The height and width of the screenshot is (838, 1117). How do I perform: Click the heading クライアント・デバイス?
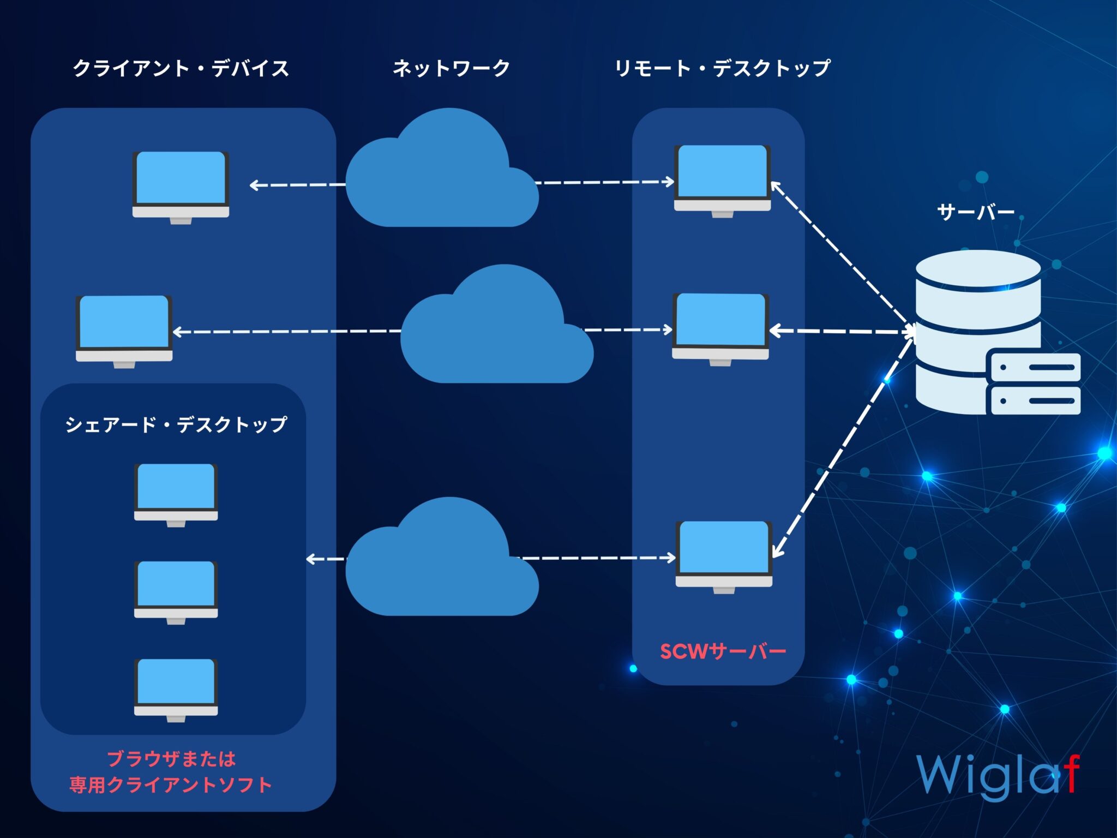[181, 69]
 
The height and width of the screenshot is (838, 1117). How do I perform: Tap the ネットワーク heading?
[451, 68]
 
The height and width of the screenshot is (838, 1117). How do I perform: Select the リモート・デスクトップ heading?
[722, 69]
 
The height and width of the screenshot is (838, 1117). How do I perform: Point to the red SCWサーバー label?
[723, 651]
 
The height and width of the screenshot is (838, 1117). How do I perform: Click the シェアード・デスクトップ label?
[176, 424]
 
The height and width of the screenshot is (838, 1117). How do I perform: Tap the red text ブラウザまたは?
[171, 758]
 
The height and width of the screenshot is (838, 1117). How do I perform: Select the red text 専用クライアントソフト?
[171, 785]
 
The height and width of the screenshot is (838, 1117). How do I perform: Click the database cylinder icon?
[978, 331]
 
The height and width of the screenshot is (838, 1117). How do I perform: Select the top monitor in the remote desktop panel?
[722, 181]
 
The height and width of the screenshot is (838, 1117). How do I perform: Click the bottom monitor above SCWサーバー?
[724, 557]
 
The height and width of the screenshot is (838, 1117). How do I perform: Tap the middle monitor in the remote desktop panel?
[720, 329]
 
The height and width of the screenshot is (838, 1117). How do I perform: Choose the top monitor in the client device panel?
[181, 188]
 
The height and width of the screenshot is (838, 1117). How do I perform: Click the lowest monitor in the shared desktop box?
[176, 690]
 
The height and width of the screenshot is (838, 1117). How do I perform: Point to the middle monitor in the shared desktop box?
[176, 592]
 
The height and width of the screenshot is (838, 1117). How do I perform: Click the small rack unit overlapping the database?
[1035, 384]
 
